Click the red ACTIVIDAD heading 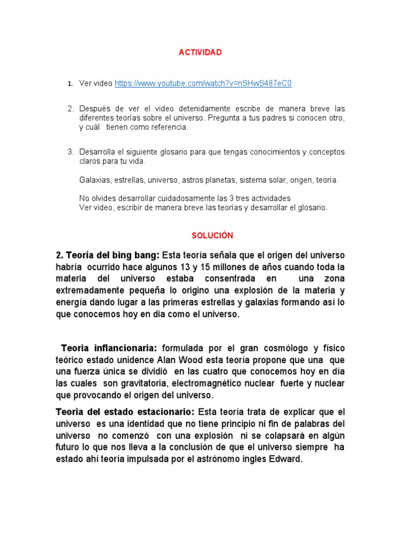(x=200, y=52)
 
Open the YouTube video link (x=203, y=83)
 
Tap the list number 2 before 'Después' (x=70, y=109)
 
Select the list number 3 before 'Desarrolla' (x=70, y=152)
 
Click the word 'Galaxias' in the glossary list (x=95, y=180)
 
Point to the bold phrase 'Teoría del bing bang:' (x=108, y=255)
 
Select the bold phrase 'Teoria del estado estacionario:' (x=125, y=412)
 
